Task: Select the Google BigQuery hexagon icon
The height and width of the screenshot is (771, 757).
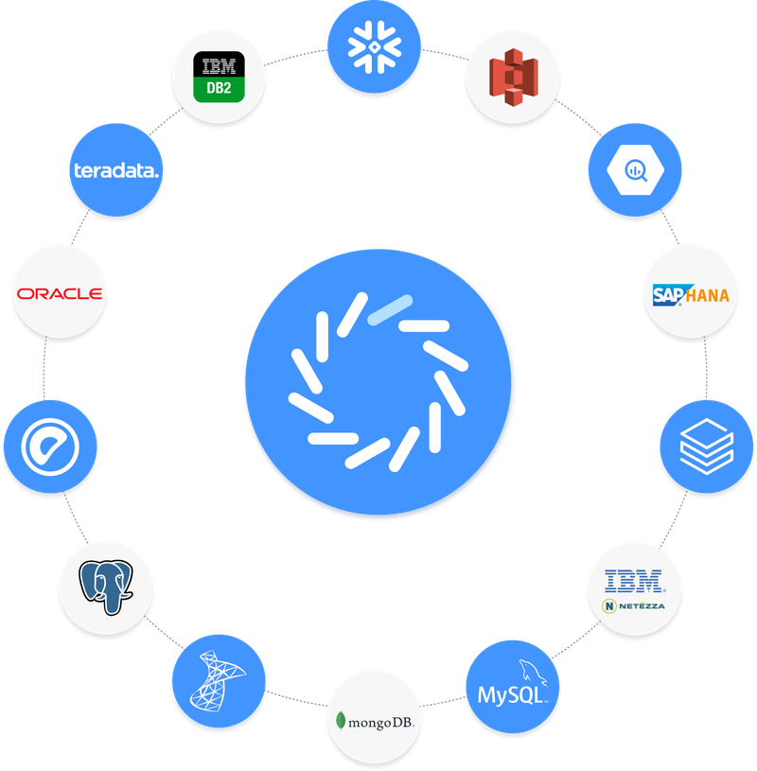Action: [635, 169]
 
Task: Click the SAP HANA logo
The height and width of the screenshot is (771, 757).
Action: [692, 294]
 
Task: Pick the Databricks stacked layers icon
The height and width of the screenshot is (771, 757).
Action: [706, 446]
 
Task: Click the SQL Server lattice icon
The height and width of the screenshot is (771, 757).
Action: [219, 679]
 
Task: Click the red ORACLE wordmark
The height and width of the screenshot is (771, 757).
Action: [59, 294]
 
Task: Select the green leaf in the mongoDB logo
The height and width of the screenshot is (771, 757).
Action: [342, 720]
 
